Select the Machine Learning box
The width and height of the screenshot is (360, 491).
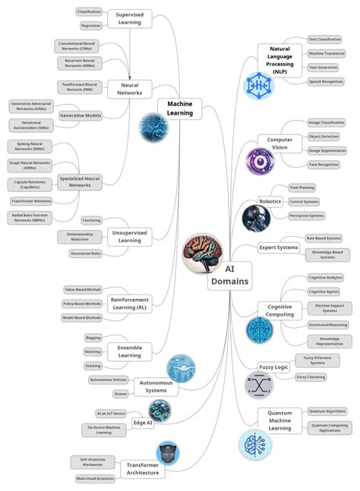(180, 108)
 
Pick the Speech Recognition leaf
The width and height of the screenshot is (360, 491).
(324, 81)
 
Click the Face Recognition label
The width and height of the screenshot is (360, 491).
(324, 164)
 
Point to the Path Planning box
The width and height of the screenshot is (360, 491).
(302, 187)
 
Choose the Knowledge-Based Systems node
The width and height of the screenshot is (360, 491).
(327, 254)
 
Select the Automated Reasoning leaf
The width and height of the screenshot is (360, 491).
(328, 324)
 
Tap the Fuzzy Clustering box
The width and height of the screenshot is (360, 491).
(311, 376)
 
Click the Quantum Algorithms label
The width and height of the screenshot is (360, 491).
(327, 411)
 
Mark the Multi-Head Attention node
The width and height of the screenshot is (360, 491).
(95, 479)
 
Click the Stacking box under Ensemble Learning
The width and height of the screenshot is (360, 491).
(93, 366)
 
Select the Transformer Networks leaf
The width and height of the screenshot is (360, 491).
(31, 201)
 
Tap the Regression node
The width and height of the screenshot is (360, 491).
(90, 25)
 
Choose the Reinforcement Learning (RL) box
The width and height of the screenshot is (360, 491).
(129, 304)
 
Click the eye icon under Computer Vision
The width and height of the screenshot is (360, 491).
(260, 162)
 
